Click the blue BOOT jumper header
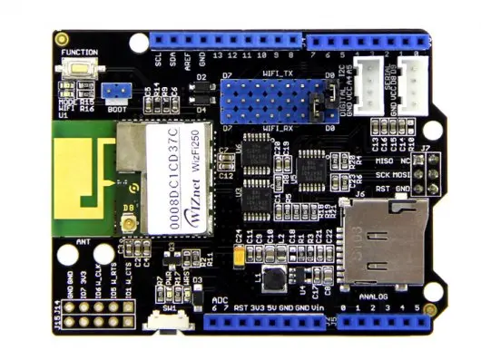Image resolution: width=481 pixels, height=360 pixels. tap(114, 92)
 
